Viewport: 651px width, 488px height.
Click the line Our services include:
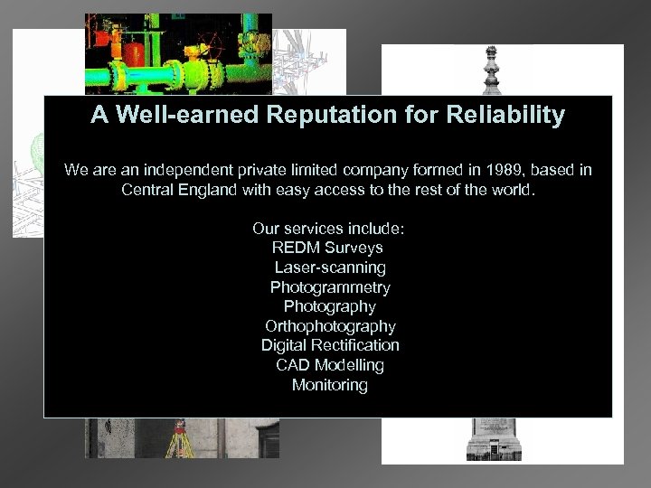[329, 228]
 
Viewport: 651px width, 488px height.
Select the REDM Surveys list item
[329, 248]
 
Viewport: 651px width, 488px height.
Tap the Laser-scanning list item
[329, 267]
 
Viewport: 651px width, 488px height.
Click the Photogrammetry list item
[329, 287]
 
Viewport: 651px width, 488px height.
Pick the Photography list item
[329, 306]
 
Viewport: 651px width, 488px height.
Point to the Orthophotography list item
[329, 326]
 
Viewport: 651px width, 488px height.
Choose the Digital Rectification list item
[329, 345]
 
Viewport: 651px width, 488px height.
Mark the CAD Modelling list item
[329, 365]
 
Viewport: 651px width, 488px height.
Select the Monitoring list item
[329, 385]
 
